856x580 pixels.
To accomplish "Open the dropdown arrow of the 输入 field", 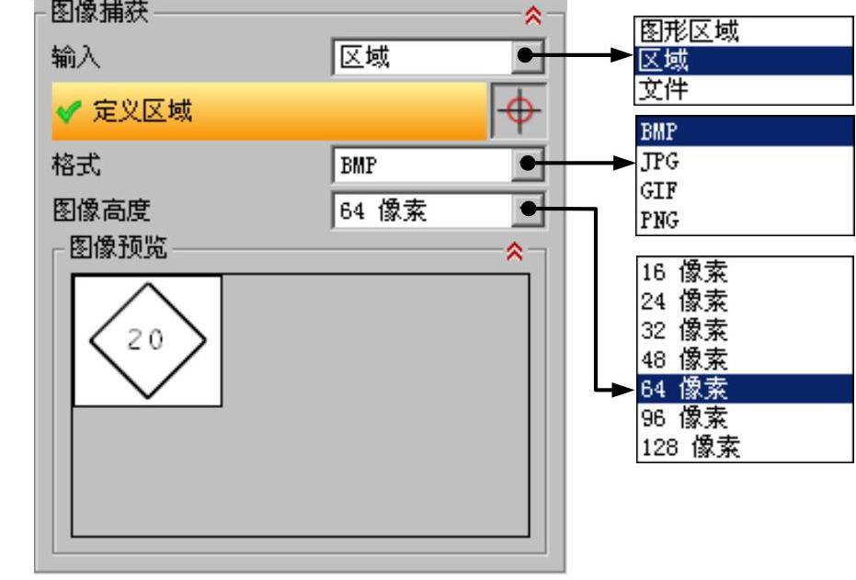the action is coord(526,57).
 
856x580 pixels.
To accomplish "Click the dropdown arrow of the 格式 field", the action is coord(526,166).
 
